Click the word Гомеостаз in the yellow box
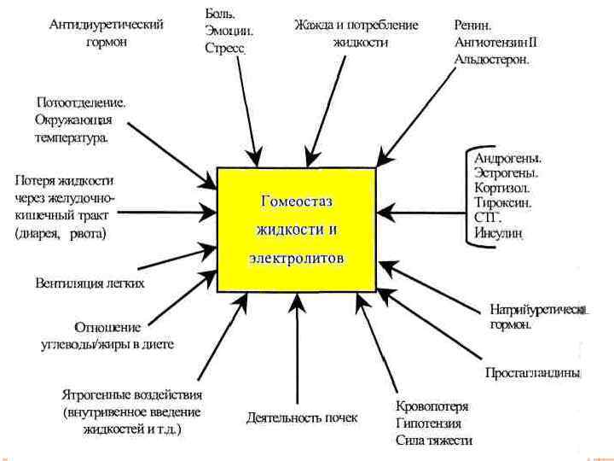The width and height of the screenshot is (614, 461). click(x=297, y=202)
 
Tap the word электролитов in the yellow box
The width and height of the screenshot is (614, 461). click(x=298, y=257)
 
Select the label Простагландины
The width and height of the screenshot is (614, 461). click(x=533, y=373)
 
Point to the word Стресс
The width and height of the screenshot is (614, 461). click(x=225, y=49)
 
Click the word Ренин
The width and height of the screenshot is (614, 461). click(x=472, y=26)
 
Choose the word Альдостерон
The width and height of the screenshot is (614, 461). click(x=492, y=59)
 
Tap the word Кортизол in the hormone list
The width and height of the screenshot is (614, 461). click(x=502, y=188)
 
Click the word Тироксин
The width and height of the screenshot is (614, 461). click(x=503, y=203)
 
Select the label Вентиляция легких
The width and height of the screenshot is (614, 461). click(x=90, y=283)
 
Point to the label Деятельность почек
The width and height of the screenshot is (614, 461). click(x=302, y=418)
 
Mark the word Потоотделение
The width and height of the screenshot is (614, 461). click(x=81, y=102)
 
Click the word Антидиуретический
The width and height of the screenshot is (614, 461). click(x=107, y=26)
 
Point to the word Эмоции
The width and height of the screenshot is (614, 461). click(x=229, y=31)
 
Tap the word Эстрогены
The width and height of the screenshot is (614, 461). click(x=505, y=172)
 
